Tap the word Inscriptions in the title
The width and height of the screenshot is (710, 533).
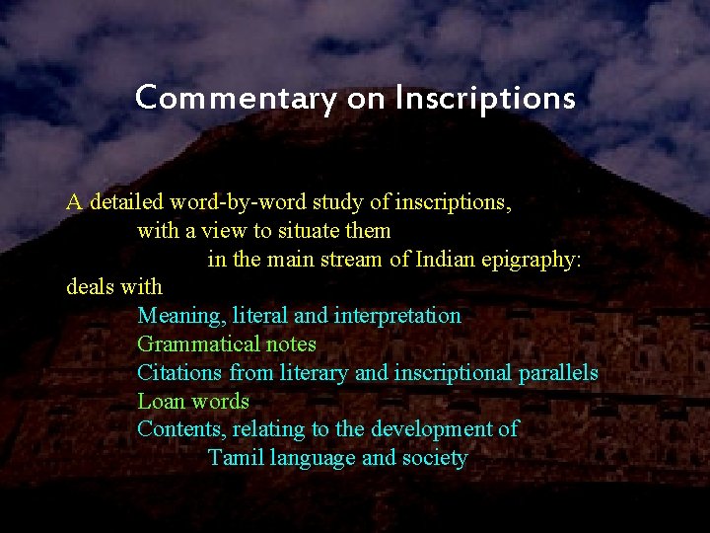(x=485, y=99)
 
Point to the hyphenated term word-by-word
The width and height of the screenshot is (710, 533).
(x=239, y=203)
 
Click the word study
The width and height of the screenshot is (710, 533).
(x=337, y=203)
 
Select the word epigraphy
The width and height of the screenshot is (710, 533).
(x=533, y=261)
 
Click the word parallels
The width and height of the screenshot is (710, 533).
(x=557, y=373)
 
